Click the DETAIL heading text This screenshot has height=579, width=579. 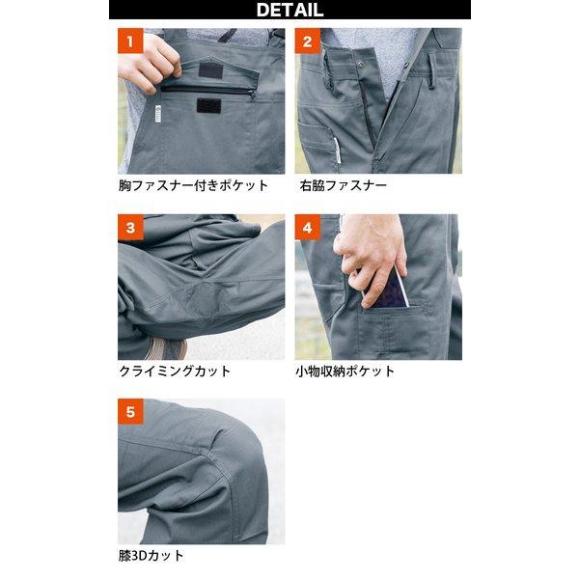[x=289, y=10]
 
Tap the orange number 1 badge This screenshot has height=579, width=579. [x=130, y=41]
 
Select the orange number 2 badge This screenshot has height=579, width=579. [x=308, y=41]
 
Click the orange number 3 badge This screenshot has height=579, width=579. [x=130, y=227]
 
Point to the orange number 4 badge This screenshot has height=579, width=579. [x=308, y=227]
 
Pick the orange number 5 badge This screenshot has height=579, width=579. [x=130, y=411]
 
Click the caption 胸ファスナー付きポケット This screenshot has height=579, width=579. [x=193, y=185]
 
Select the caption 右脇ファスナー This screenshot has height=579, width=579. [x=343, y=185]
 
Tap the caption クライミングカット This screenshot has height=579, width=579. [x=175, y=371]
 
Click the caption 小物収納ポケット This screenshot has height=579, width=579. [x=345, y=371]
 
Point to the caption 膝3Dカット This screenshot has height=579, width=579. [x=152, y=556]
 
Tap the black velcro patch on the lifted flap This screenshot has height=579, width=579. [x=210, y=70]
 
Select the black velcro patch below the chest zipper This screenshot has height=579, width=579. [x=208, y=105]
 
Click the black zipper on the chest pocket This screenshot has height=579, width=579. [x=207, y=91]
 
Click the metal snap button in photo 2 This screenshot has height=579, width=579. [x=359, y=65]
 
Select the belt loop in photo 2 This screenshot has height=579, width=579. [x=432, y=70]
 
